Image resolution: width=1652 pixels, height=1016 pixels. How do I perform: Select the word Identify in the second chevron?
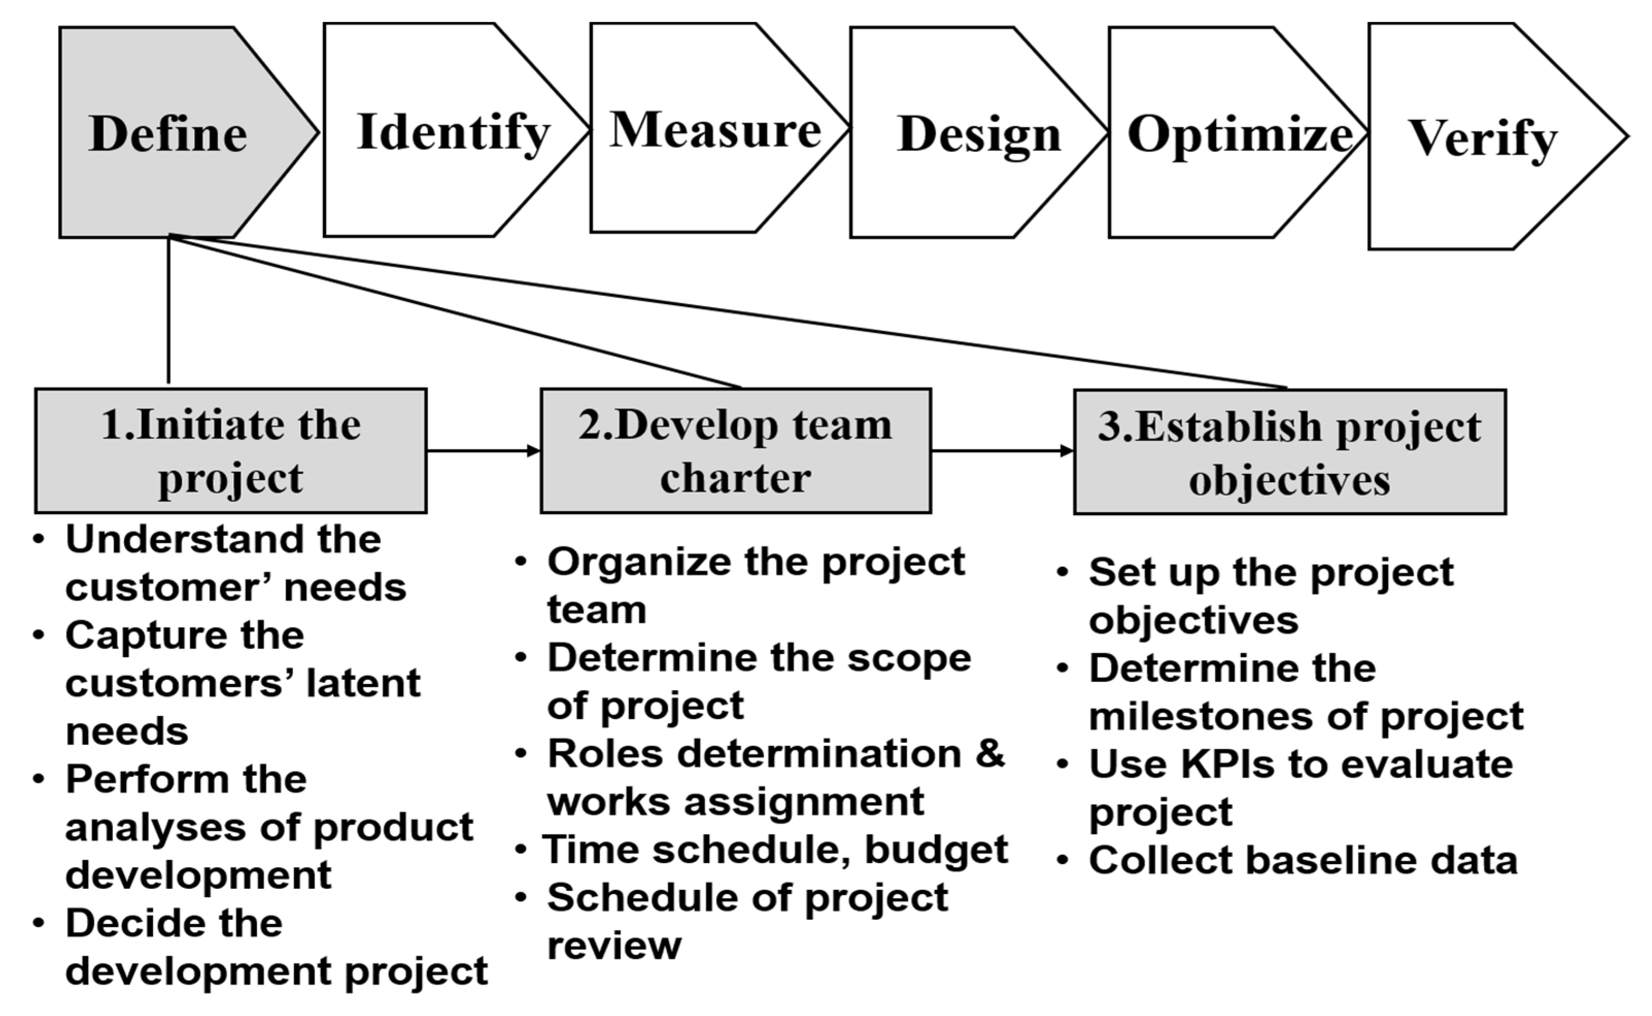(454, 132)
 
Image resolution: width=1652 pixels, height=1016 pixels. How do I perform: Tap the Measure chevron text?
(715, 130)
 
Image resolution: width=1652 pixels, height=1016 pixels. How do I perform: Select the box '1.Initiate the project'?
(231, 451)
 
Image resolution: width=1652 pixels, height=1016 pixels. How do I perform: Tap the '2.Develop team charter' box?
(735, 451)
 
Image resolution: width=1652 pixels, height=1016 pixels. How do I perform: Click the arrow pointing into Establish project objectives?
(1002, 450)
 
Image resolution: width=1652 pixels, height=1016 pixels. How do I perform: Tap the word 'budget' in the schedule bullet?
(936, 849)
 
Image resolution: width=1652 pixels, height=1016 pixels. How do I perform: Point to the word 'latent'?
(363, 684)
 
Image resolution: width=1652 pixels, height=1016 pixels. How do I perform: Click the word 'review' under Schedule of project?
(614, 945)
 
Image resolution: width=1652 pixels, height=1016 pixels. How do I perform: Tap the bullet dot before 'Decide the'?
(39, 923)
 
